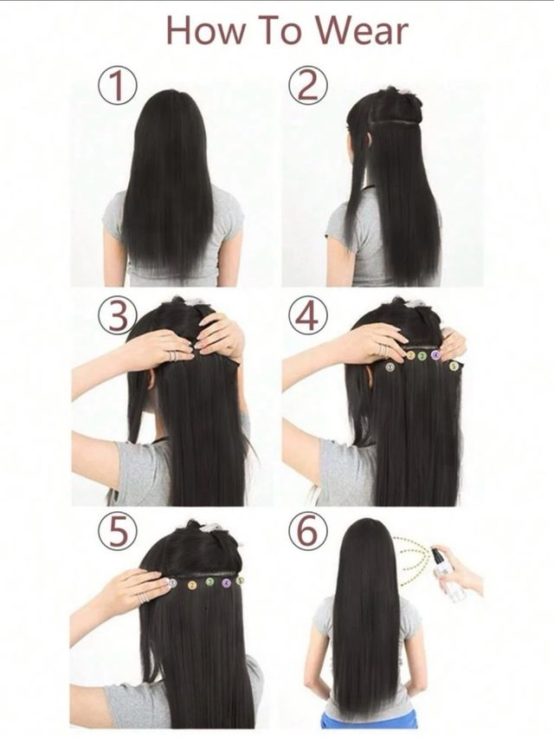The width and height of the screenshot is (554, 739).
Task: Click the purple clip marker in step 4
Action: [435, 355]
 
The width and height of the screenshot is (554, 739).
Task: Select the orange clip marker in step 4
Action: [409, 355]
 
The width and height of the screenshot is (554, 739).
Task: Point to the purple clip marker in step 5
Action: [226, 583]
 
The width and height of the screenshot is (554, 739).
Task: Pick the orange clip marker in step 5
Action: [191, 584]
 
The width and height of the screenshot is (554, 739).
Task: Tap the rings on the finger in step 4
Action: [383, 349]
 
